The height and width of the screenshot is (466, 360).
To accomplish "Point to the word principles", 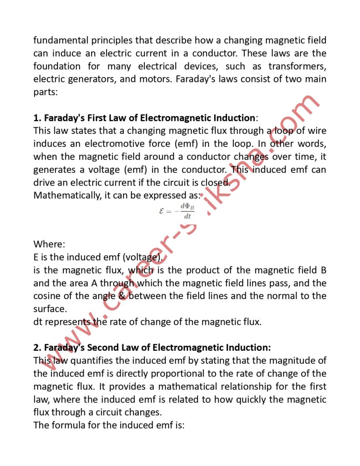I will [119, 40].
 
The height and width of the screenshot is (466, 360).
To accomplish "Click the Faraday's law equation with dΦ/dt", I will [177, 212].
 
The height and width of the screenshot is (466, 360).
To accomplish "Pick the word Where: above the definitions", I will [49, 244].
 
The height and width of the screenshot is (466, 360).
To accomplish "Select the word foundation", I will [57, 66].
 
